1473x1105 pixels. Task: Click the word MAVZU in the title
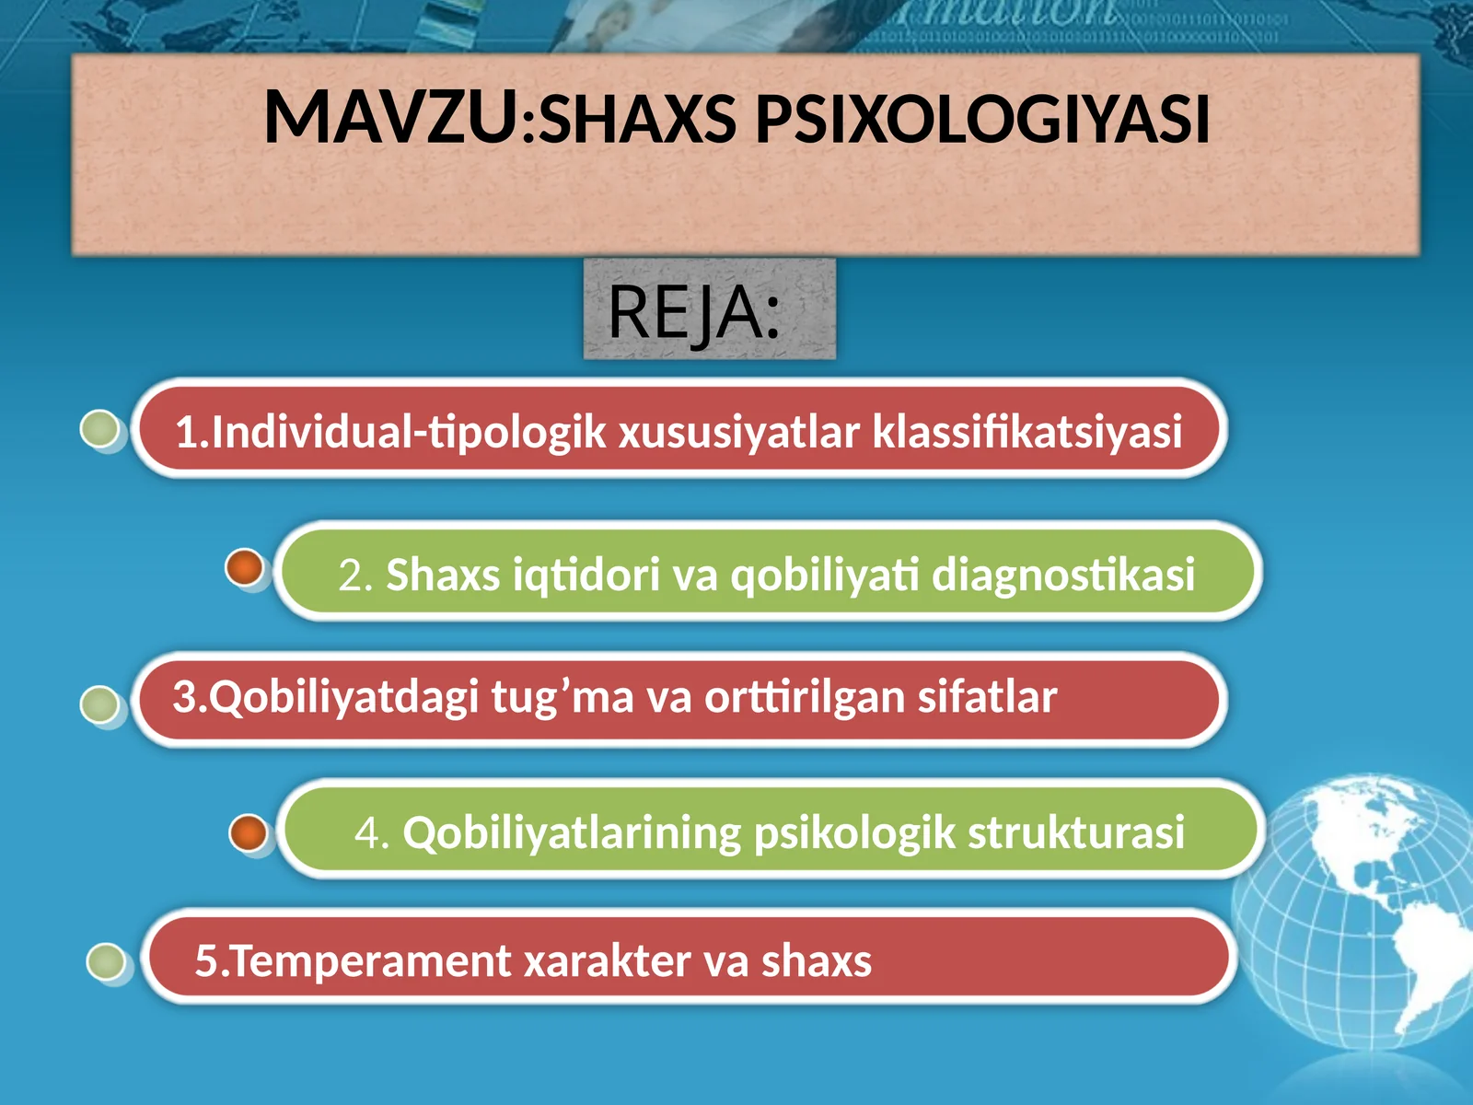(391, 118)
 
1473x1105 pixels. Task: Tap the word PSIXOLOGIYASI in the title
(981, 120)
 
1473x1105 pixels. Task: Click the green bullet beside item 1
(100, 429)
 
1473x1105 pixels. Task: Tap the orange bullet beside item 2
(245, 567)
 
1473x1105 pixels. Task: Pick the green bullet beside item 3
(99, 704)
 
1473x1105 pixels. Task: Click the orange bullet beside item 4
(248, 832)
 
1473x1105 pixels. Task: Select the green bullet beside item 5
(106, 961)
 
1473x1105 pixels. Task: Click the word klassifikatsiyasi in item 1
(1026, 431)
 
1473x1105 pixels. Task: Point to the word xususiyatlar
(738, 431)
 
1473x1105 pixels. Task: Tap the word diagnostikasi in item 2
(1063, 575)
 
